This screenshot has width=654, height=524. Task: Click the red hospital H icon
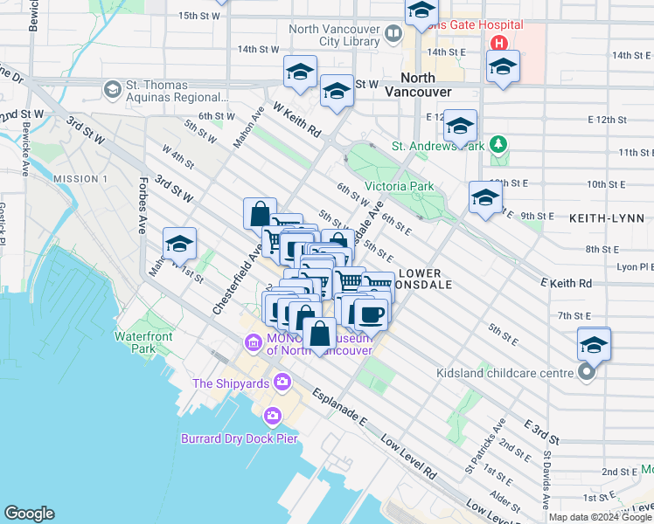[x=498, y=43]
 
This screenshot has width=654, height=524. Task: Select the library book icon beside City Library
[x=393, y=34]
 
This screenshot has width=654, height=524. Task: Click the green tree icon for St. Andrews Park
[x=498, y=144]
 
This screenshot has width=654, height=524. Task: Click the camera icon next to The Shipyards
[x=282, y=382]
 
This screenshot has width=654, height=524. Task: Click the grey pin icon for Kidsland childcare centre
[x=587, y=373]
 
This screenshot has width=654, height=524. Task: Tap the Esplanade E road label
[x=338, y=409]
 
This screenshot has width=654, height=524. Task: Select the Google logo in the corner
[x=30, y=514]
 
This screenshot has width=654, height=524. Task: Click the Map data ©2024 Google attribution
[x=600, y=517]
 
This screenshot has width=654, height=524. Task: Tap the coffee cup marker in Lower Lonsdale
[x=371, y=313]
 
